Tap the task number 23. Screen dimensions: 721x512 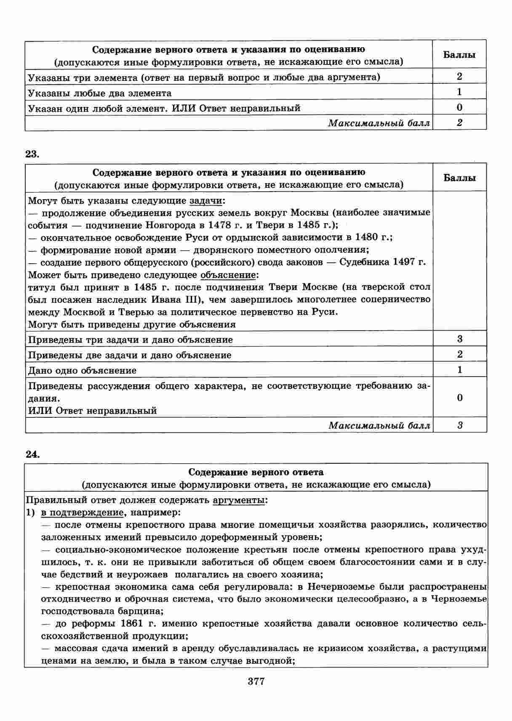(32, 154)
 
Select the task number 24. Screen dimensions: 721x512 (32, 454)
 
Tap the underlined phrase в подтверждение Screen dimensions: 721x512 (82, 513)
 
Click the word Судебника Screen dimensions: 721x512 (364, 262)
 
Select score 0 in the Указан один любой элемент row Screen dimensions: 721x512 (459, 107)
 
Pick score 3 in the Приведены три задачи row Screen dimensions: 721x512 (459, 339)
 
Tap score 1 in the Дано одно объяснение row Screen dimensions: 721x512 (459, 370)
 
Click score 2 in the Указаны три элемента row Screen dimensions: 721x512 (459, 76)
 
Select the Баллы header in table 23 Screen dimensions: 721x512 (459, 178)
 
